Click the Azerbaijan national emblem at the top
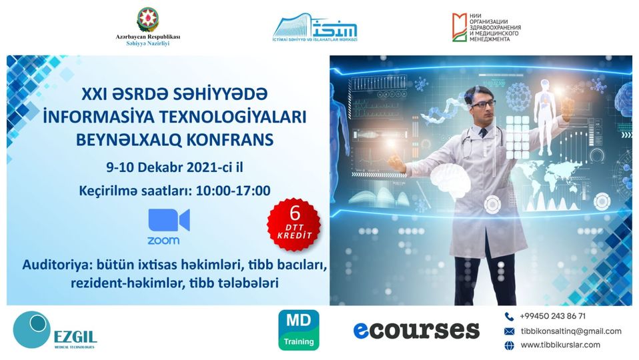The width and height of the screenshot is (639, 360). [147, 19]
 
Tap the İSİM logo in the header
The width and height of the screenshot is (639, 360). [315, 27]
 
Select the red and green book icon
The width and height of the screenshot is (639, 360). [460, 27]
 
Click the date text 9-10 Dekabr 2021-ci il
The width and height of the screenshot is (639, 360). [174, 167]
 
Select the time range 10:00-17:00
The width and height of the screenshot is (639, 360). [233, 191]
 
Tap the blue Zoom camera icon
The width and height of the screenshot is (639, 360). [169, 220]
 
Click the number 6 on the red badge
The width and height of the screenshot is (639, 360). [294, 213]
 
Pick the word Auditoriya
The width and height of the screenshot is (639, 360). [57, 265]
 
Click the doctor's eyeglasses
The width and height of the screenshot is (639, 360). [484, 104]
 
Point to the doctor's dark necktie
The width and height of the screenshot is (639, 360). [484, 133]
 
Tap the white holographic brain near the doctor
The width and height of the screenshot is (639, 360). [450, 179]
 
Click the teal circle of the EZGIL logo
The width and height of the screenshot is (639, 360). [32, 329]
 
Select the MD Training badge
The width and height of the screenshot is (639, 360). [299, 330]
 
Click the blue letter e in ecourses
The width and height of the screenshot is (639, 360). [362, 331]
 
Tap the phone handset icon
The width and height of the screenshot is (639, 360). [509, 317]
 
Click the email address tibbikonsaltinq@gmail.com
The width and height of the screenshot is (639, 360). [571, 331]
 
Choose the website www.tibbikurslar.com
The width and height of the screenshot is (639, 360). [560, 345]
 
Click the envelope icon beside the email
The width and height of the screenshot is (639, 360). [509, 331]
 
